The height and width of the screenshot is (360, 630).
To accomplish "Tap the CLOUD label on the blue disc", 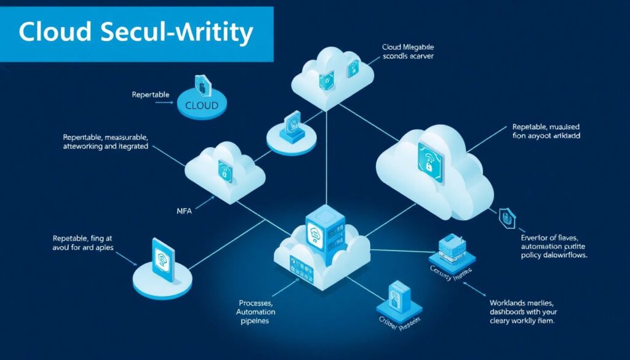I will pyautogui.click(x=201, y=105).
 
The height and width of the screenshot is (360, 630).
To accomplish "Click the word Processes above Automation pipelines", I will pyautogui.click(x=256, y=303).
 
